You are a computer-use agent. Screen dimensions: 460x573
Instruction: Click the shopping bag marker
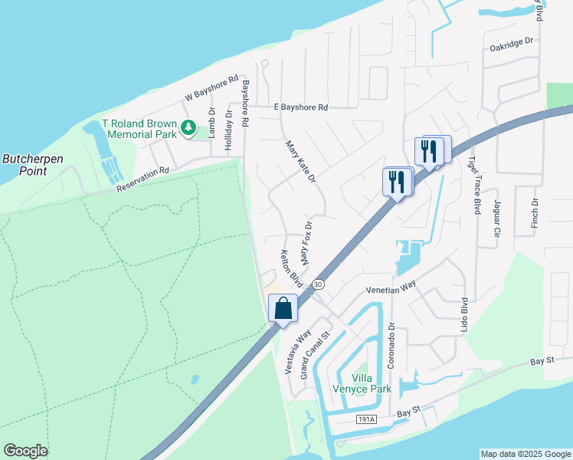[x=283, y=308]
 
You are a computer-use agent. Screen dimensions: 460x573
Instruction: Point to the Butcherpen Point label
[x=33, y=165]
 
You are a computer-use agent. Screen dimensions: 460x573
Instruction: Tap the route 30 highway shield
[x=319, y=284]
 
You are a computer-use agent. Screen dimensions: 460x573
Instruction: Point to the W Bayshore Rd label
[x=212, y=93]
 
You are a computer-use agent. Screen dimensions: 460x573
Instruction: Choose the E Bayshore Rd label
[x=300, y=108]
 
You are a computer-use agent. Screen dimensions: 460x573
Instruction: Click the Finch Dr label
[x=535, y=213]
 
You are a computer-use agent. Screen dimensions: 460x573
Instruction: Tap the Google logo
[x=25, y=451]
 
